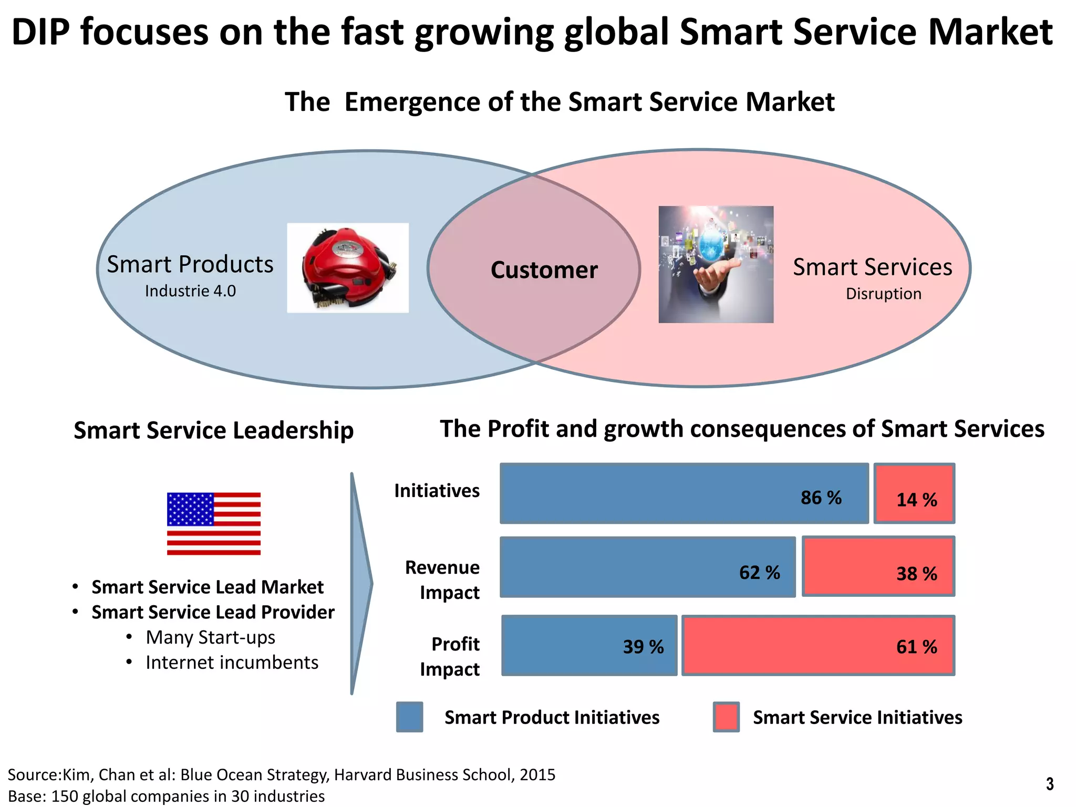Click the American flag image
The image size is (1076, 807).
213,523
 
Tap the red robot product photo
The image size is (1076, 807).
347,268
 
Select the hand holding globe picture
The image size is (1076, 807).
716,264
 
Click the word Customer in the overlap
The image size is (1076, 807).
544,270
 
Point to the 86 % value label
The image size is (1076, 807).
821,498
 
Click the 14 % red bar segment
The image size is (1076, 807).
914,494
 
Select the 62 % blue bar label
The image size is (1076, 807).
759,572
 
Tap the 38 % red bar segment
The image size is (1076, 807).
878,566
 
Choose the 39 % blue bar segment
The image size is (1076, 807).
589,645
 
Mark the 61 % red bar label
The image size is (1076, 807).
916,647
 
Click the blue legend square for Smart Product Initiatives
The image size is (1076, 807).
409,717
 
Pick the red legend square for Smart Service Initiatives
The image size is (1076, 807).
726,717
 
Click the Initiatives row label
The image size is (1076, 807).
437,491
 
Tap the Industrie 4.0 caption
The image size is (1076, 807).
190,291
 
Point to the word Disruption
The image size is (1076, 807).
883,294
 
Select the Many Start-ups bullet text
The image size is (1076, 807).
210,637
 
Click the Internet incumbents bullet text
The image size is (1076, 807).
232,663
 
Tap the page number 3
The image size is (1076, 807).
1049,784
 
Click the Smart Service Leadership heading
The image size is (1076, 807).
213,430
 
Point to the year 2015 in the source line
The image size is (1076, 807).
537,775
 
